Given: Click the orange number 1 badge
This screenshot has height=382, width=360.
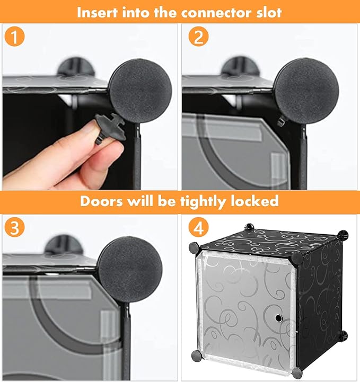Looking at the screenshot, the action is [15, 37].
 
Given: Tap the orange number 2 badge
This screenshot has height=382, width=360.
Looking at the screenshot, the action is [199, 37].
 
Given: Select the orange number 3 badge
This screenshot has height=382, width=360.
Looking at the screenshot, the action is [15, 227].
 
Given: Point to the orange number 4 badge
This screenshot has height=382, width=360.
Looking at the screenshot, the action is [199, 227].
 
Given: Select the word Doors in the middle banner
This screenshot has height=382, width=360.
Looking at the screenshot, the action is [101, 201].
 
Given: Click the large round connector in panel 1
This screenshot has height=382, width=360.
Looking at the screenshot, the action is [140, 91].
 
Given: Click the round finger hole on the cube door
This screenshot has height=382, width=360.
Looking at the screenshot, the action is [278, 318].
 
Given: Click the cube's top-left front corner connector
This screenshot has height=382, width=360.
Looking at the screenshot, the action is [194, 248].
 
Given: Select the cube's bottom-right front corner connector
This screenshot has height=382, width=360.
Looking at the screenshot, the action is [297, 372].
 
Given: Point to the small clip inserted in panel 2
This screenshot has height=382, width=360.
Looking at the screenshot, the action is [282, 121].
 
